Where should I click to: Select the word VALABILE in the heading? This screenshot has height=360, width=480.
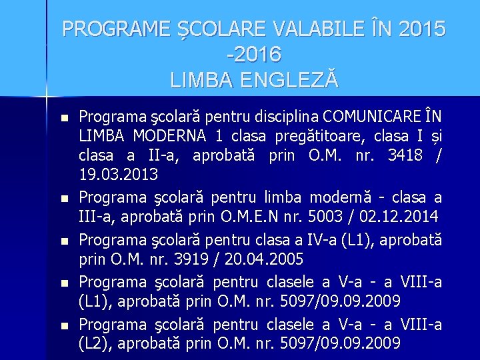click(x=303, y=29)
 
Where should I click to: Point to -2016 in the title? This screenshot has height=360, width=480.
click(x=255, y=55)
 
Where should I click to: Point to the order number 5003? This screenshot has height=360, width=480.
click(x=321, y=216)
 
